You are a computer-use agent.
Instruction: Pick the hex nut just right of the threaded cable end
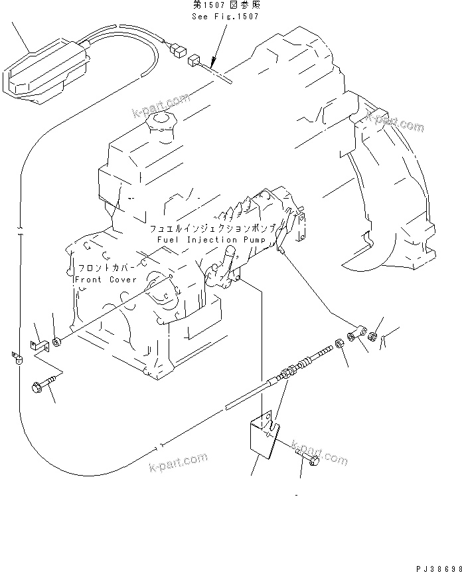[339, 343]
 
